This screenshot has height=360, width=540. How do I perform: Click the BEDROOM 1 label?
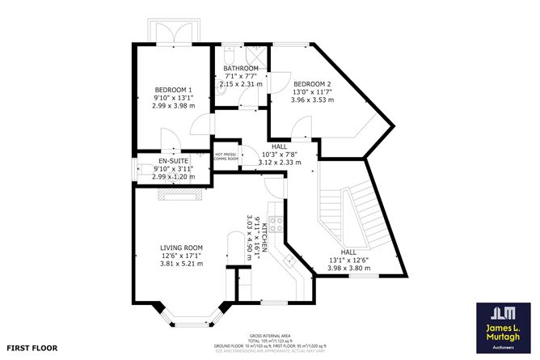(x=174, y=89)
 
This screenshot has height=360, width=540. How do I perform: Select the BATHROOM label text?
(x=241, y=68)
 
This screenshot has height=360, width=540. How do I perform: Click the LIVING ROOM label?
(x=181, y=248)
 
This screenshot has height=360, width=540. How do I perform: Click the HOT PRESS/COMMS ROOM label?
(x=226, y=156)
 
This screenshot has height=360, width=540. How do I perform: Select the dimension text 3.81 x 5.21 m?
(x=181, y=264)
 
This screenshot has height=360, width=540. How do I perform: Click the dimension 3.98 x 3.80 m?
(x=349, y=269)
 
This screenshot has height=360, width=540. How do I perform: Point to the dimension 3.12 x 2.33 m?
(x=279, y=163)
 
